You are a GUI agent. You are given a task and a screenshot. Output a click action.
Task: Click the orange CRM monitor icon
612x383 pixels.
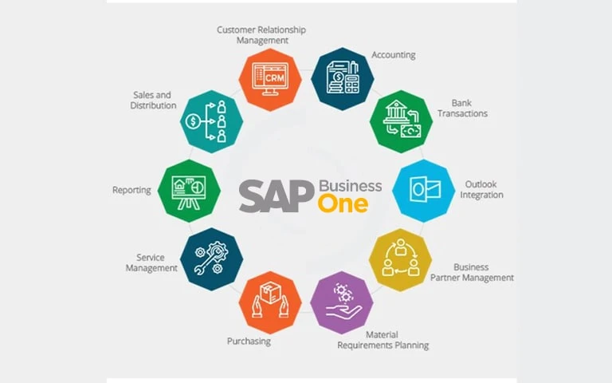click(x=271, y=80)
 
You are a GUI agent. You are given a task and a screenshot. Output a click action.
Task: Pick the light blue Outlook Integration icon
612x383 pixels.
click(x=423, y=190)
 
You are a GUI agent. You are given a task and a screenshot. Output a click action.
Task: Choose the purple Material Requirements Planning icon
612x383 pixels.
click(x=341, y=302)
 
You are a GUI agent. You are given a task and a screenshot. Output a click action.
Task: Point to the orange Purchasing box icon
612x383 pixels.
click(x=271, y=302)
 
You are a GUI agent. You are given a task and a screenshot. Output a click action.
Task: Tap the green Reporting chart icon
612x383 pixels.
click(x=189, y=190)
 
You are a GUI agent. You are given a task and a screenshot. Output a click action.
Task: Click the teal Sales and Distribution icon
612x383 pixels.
click(x=211, y=120)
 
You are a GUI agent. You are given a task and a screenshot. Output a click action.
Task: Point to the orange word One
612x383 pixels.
click(x=343, y=203)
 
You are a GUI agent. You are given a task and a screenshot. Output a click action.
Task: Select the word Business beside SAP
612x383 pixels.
click(x=350, y=185)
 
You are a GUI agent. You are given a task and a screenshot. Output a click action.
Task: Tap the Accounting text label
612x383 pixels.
click(x=393, y=55)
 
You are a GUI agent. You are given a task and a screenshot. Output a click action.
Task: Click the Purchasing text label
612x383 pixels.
click(x=249, y=342)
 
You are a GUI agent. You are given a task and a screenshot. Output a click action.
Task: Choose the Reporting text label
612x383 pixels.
click(x=131, y=191)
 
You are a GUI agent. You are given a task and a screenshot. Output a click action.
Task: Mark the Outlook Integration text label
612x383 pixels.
click(x=484, y=190)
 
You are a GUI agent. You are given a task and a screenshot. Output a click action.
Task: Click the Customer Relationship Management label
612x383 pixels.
click(x=261, y=35)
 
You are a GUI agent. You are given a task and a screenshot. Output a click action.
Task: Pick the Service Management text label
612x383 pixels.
click(x=151, y=263)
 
